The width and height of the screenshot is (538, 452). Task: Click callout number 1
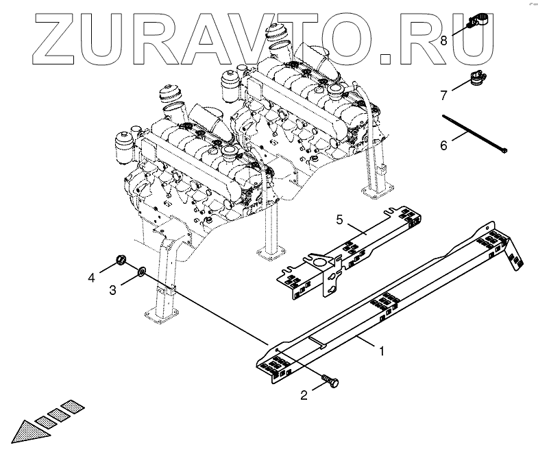tap(382, 350)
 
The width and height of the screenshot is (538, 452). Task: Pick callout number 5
tap(339, 219)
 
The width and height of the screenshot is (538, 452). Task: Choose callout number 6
tap(443, 145)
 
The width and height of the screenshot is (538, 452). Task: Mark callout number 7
tap(443, 94)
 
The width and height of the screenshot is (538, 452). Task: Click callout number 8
tap(443, 40)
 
